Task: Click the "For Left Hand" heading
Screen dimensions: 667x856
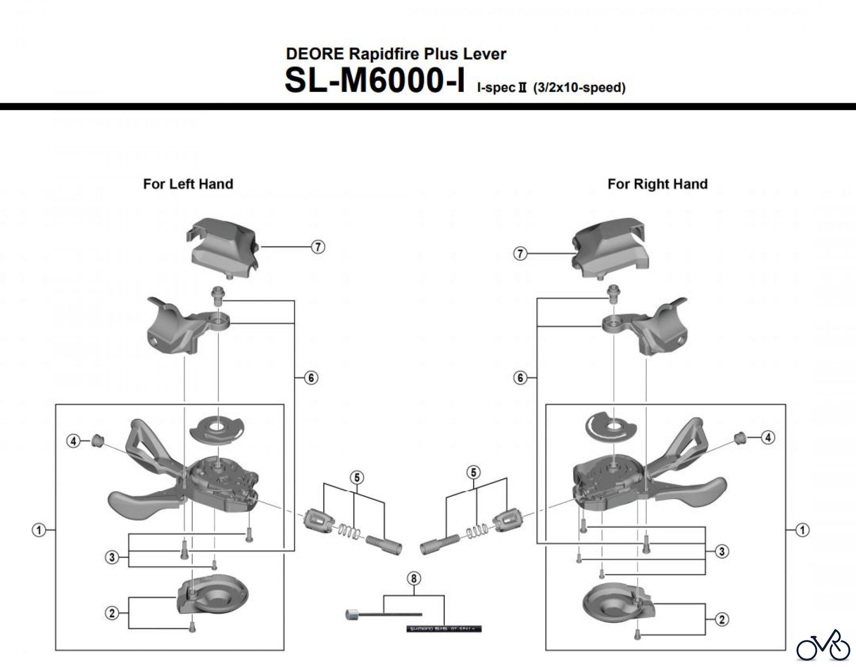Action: pos(188,184)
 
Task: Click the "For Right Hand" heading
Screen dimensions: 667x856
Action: pos(657,184)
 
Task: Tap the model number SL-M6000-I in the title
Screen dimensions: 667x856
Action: pos(375,81)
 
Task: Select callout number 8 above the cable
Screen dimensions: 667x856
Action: pos(414,579)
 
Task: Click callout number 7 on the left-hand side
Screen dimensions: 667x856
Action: pos(318,247)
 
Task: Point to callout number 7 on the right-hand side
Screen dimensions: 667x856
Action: pos(520,254)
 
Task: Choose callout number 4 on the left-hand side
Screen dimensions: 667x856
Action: pos(73,442)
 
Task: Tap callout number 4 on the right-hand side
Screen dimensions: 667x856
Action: pos(768,437)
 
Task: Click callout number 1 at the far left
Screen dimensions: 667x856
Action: pos(39,530)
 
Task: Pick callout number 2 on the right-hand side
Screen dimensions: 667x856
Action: pos(722,619)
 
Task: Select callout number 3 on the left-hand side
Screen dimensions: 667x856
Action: pos(112,557)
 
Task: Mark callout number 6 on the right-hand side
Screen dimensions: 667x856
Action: pos(520,378)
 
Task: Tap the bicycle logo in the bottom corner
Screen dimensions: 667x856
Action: pos(823,645)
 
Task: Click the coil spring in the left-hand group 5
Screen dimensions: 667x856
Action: pos(349,531)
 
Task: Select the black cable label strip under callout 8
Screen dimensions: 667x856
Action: pos(444,629)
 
